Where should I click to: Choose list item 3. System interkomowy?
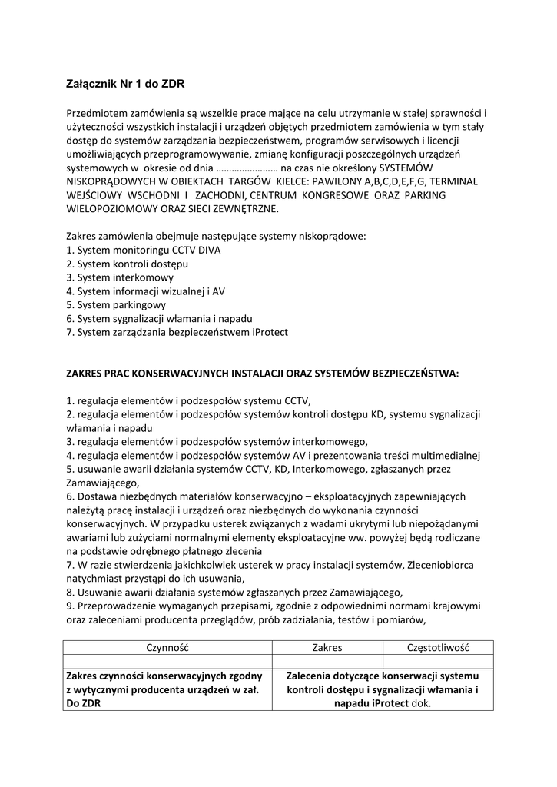(x=120, y=277)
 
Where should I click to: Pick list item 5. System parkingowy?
(x=116, y=304)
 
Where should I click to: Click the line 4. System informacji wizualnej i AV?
(x=145, y=291)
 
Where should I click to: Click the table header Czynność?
(x=167, y=648)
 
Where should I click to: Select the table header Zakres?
(x=327, y=648)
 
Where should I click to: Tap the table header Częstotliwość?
(x=438, y=648)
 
